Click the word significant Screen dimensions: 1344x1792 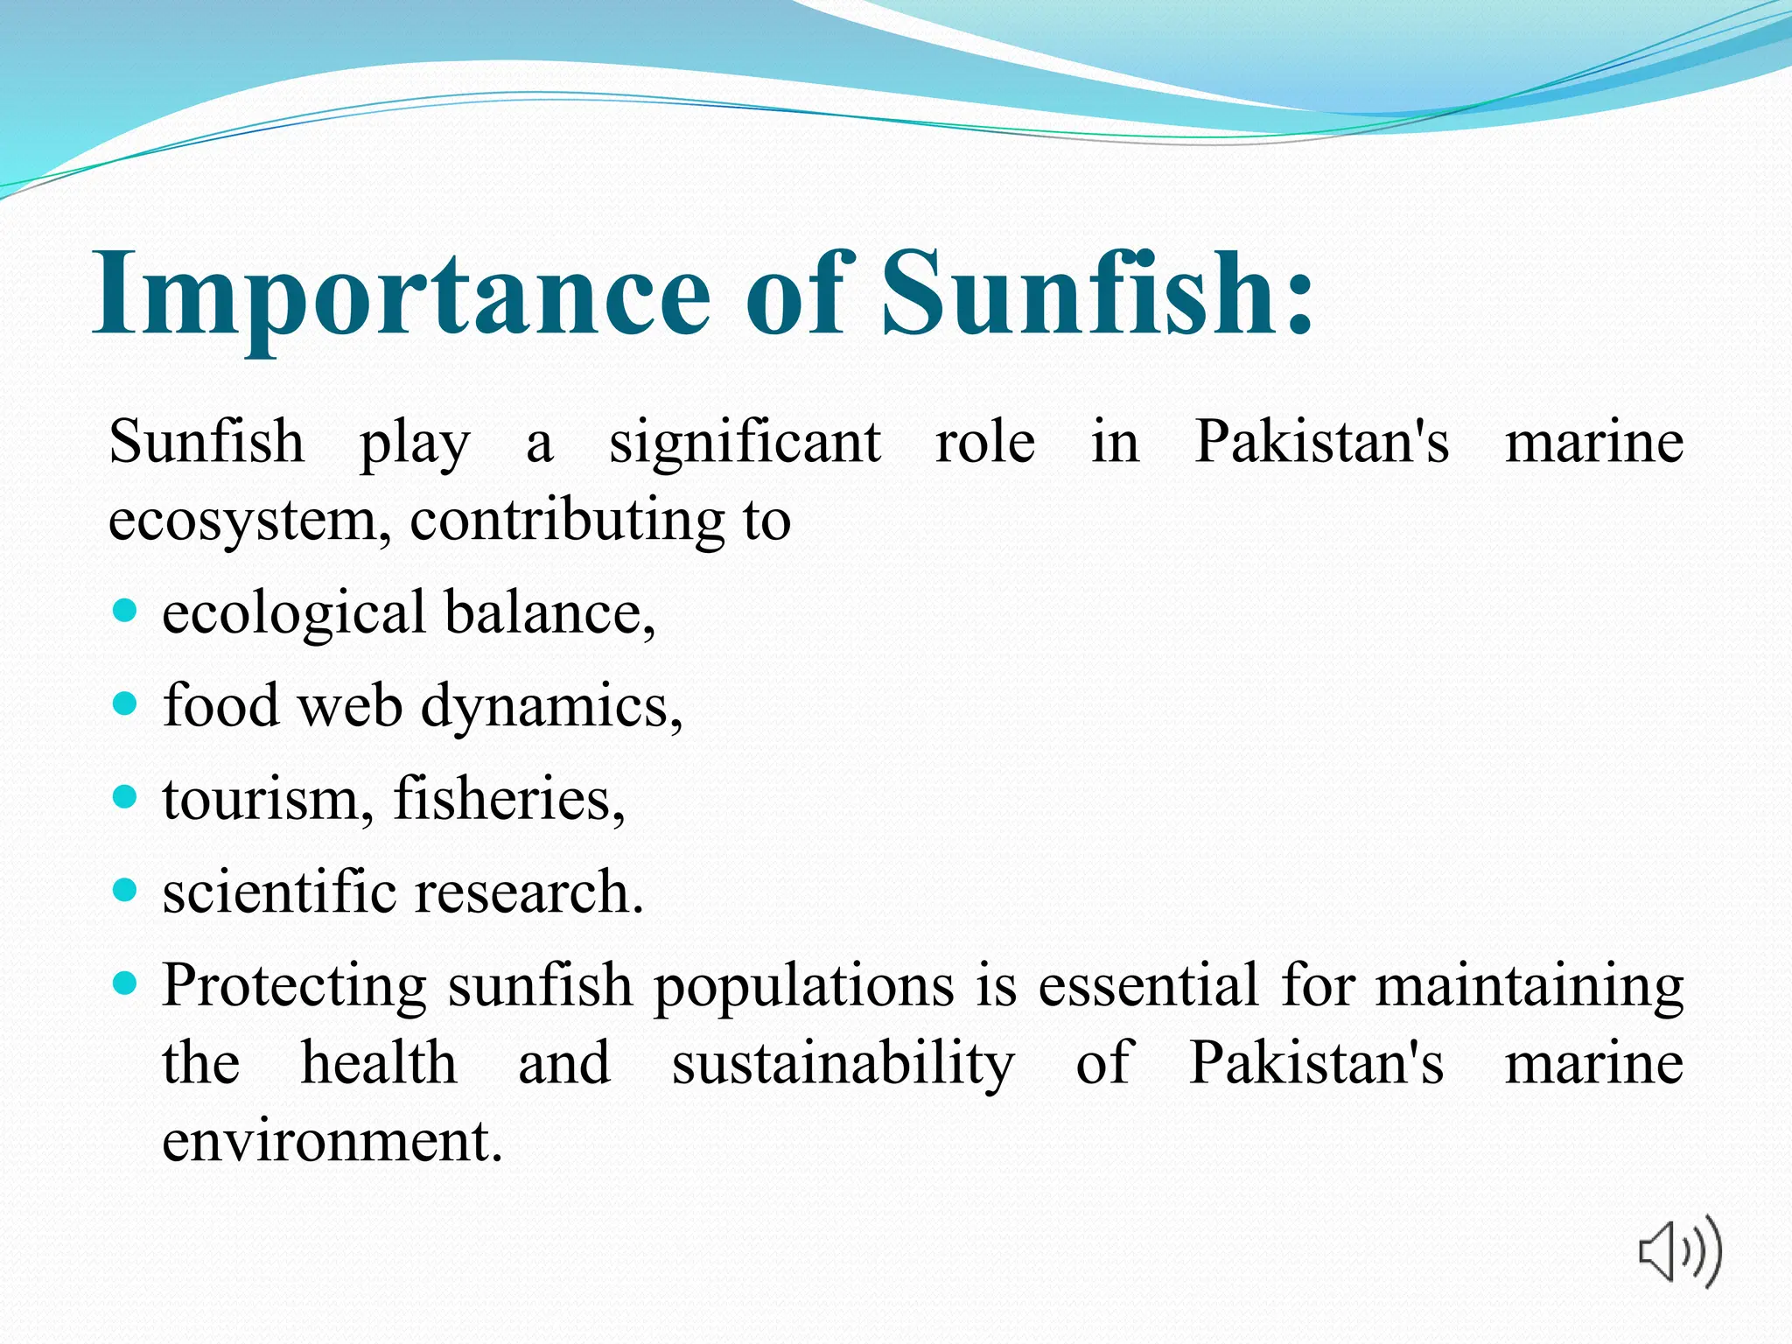(745, 442)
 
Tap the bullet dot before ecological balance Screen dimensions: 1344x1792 (126, 610)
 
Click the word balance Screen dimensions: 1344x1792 (549, 612)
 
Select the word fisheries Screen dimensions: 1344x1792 (508, 799)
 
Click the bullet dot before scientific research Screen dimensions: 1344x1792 (126, 891)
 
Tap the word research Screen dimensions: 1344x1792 (528, 892)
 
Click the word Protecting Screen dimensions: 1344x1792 (295, 986)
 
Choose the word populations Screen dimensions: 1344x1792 (804, 987)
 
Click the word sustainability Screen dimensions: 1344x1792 (843, 1064)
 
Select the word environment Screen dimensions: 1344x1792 (332, 1141)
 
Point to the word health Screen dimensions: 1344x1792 (378, 1063)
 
